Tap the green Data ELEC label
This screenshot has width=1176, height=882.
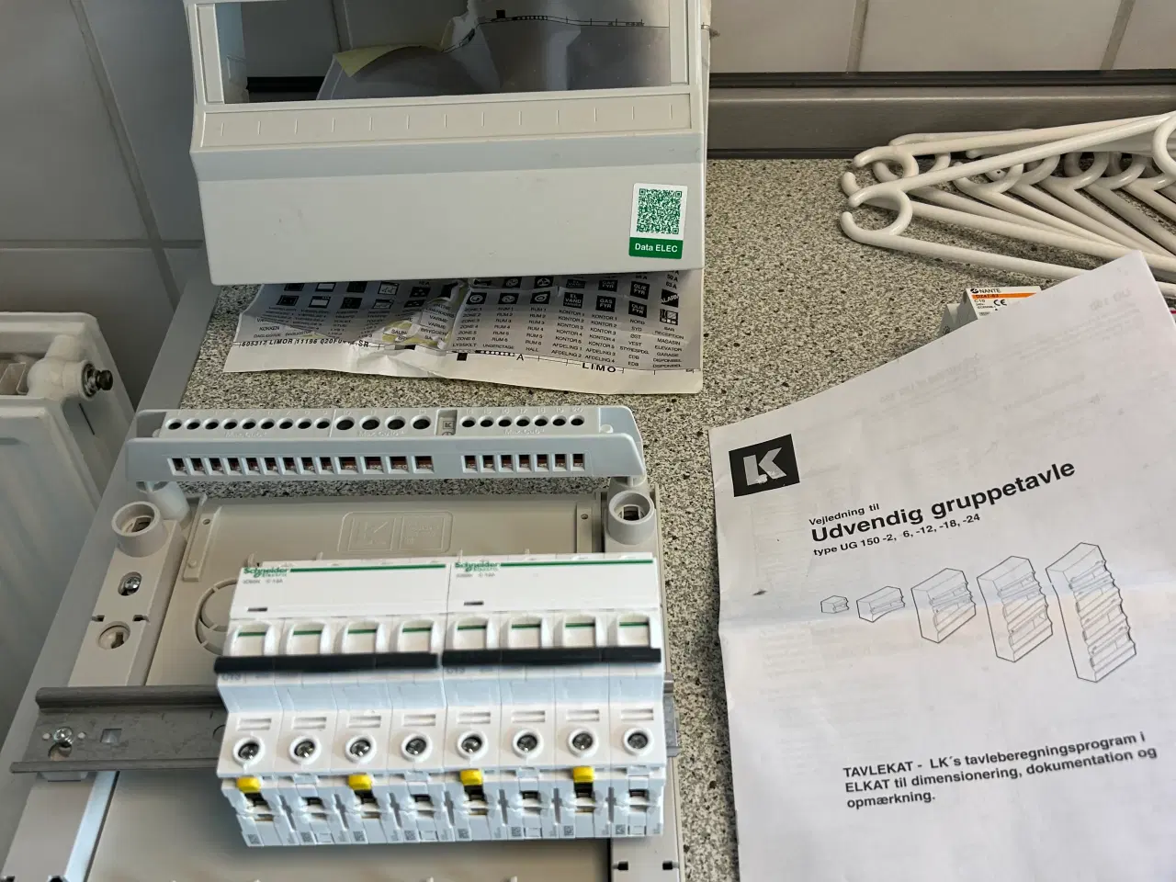point(659,246)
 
